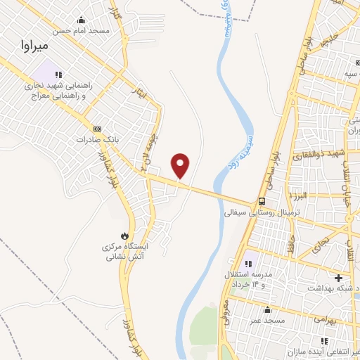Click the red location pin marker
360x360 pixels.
[181, 166]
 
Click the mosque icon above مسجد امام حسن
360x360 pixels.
[82, 20]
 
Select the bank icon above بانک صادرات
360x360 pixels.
[97, 129]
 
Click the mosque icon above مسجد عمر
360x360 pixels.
[266, 309]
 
